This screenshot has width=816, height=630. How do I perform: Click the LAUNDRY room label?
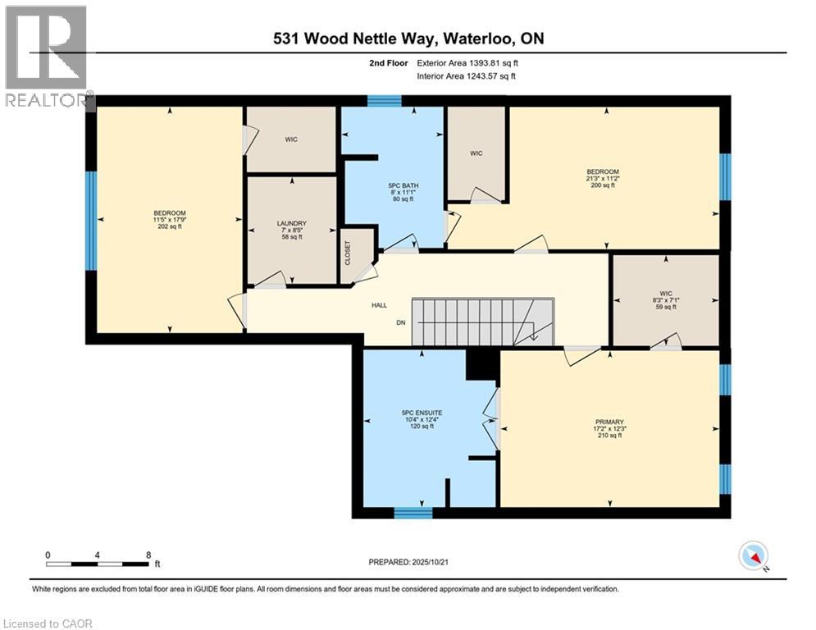pyautogui.click(x=291, y=223)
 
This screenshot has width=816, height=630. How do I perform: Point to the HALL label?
pyautogui.click(x=379, y=305)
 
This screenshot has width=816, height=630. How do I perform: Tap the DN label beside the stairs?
pyautogui.click(x=401, y=322)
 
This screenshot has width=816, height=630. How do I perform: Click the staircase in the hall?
pyautogui.click(x=482, y=322)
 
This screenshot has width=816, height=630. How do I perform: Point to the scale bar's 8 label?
pyautogui.click(x=148, y=555)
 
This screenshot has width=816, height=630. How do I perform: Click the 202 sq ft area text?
pyautogui.click(x=170, y=226)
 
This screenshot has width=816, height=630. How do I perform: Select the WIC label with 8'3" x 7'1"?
pyautogui.click(x=667, y=294)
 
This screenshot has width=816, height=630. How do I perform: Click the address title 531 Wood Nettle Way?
pyautogui.click(x=408, y=38)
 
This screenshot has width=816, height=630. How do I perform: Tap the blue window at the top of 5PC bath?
pyautogui.click(x=384, y=101)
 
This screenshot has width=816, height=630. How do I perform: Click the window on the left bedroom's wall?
pyautogui.click(x=92, y=220)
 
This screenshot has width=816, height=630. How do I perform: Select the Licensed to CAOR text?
pyautogui.click(x=47, y=623)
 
